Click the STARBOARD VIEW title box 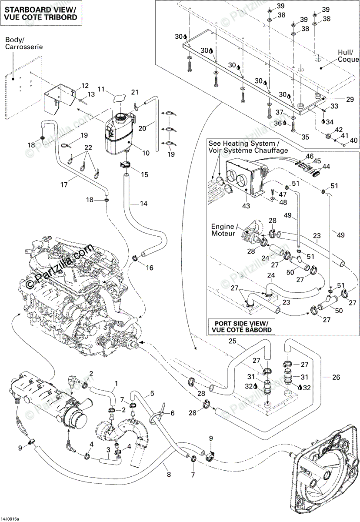(41, 13)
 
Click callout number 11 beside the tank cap (101, 90)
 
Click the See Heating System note (248, 147)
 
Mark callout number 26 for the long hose (336, 377)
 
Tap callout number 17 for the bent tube (64, 184)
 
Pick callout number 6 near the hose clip (172, 413)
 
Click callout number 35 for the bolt (305, 137)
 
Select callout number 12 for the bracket (84, 85)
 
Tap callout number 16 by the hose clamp (149, 268)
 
